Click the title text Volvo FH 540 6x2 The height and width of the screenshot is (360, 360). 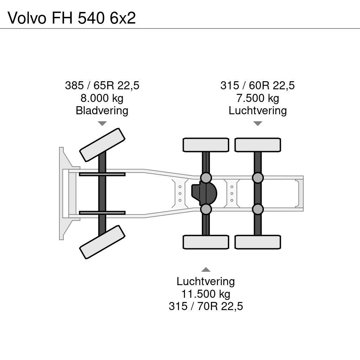coord(72,18)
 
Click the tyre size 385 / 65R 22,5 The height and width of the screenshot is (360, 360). coord(102,85)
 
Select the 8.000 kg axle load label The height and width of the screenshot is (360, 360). coord(102,98)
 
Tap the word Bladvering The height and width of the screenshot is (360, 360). coord(102,111)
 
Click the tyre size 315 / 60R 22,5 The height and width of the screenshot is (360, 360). coord(257,85)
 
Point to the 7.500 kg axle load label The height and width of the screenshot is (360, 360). coord(257,98)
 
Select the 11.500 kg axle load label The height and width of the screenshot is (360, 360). coord(206,294)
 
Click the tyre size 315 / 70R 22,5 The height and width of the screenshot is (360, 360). coord(206,306)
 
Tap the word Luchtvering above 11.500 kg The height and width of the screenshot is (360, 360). coord(206,281)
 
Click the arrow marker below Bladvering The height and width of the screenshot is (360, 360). coord(102,123)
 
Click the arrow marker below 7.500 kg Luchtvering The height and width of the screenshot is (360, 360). coord(258,123)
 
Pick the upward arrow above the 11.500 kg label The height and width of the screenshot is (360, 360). coord(206,270)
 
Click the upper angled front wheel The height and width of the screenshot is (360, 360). coord(102,144)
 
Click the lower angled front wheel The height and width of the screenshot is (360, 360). coord(102,242)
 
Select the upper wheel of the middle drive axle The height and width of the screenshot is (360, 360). coord(206,145)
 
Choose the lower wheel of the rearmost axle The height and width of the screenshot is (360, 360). coord(258,242)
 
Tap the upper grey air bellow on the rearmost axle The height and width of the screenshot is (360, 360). coord(258,178)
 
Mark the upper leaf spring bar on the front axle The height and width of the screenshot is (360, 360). coord(102,174)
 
